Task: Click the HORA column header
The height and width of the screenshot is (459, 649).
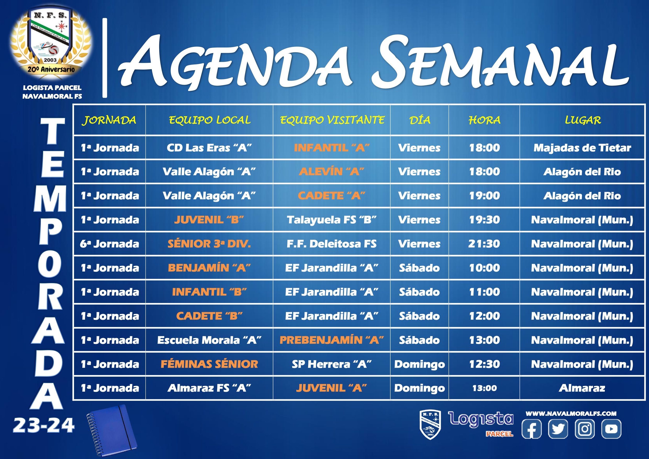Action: [484, 120]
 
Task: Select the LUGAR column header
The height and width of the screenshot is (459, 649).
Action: [583, 120]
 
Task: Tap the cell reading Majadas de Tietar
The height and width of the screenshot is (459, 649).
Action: [582, 148]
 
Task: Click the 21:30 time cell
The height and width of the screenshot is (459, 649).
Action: [484, 244]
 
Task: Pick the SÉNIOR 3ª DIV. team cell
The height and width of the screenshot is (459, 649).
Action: [209, 244]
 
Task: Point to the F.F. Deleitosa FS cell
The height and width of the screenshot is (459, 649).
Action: [332, 244]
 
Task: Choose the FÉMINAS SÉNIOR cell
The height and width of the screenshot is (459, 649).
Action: [209, 364]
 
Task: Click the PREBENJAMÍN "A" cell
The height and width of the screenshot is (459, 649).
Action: [332, 340]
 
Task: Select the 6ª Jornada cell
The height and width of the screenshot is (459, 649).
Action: [110, 244]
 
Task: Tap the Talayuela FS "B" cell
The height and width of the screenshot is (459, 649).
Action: [332, 220]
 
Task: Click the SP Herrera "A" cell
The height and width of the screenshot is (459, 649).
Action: [332, 364]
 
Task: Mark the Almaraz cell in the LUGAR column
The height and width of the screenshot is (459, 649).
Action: [582, 388]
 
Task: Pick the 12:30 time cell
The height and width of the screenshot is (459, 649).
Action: [484, 364]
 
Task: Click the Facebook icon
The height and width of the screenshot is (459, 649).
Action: [531, 429]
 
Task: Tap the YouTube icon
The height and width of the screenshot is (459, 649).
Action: [611, 429]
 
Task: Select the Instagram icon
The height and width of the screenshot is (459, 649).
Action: [585, 429]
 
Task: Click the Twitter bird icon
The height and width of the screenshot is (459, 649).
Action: [558, 429]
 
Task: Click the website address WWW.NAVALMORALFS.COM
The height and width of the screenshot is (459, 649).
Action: [571, 413]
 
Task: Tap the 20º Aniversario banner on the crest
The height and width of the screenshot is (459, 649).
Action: [51, 69]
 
